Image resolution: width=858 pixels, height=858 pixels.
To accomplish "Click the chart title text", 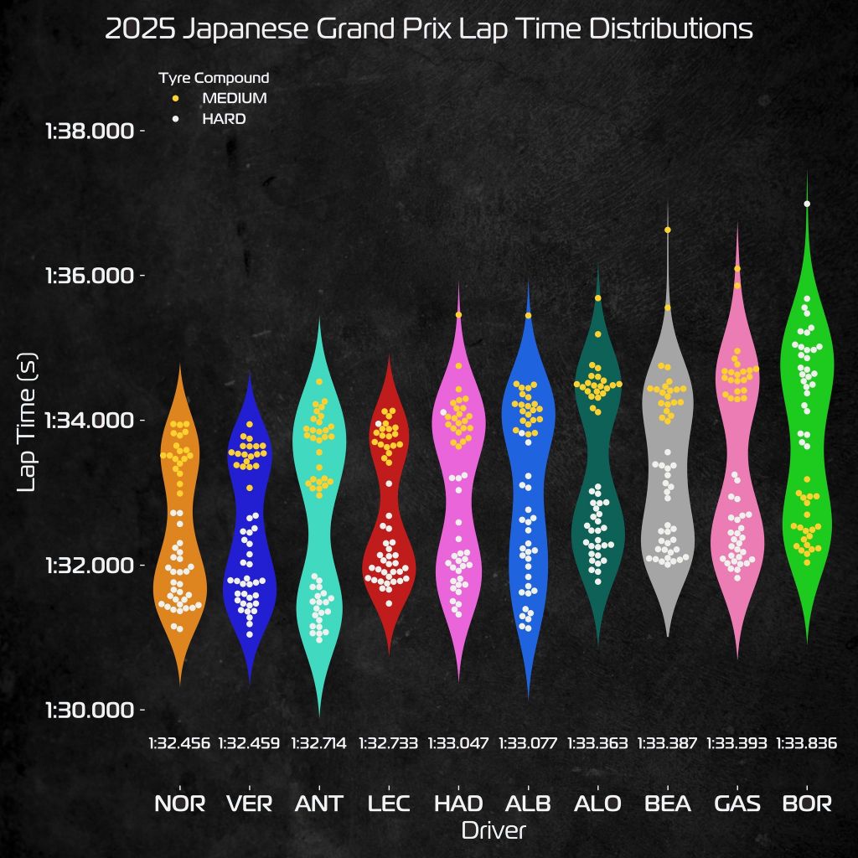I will coord(429,29).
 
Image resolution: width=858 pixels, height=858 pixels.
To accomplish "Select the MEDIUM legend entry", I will coord(234,98).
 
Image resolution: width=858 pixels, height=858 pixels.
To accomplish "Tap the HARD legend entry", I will coord(224,119).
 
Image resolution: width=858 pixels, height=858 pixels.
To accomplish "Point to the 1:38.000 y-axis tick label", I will coord(90,131).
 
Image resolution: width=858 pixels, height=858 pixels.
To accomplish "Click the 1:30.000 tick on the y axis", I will coord(90,710).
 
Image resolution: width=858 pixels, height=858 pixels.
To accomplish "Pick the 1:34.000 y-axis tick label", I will coord(90,420).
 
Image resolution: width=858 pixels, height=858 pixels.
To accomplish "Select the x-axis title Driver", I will coord(494,830).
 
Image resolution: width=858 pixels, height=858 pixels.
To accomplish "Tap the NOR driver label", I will coord(179,804).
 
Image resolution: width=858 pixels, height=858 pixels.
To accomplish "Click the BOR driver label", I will coord(808,804).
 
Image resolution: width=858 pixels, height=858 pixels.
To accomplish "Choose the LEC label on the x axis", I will coord(389,804).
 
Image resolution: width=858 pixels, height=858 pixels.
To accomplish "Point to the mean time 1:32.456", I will coord(179,742).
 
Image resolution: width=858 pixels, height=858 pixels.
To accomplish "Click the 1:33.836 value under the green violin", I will coord(808,742).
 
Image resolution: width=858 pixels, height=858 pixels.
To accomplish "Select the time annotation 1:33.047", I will coord(458,742).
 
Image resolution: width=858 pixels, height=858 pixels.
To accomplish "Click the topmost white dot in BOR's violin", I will coord(807,204).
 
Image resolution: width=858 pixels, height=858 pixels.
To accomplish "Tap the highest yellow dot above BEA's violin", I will coord(668,230).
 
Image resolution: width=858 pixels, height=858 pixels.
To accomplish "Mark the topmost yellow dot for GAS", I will coord(737,268).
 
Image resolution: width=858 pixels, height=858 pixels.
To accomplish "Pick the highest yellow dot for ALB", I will coord(529,315).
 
